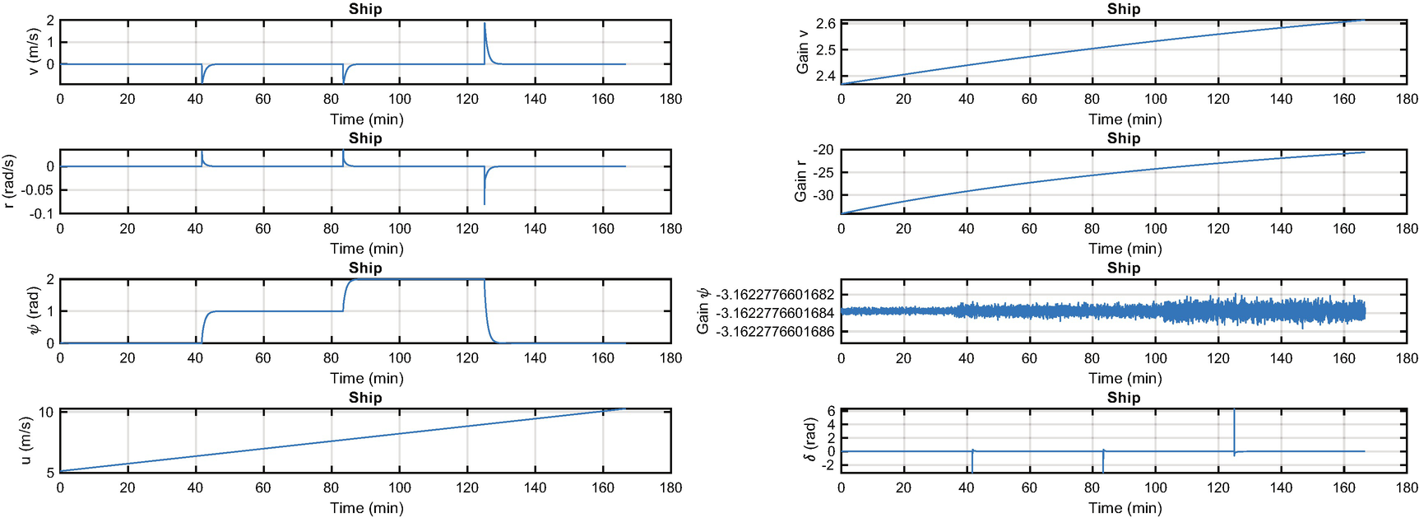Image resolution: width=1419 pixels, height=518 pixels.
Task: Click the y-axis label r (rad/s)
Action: [10, 181]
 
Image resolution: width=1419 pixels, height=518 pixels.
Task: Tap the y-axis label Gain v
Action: [803, 52]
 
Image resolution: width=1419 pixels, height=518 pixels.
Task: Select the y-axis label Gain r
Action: [800, 182]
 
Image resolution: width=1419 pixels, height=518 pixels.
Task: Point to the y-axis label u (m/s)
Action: [26, 441]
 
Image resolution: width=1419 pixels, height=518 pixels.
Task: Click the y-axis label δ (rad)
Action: [811, 440]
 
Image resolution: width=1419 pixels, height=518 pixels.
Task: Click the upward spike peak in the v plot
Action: [485, 24]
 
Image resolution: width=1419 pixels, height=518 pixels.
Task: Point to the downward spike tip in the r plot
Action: [485, 203]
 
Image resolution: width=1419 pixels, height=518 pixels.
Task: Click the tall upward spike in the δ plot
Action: [1234, 412]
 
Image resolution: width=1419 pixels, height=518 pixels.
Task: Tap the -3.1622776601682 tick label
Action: [775, 295]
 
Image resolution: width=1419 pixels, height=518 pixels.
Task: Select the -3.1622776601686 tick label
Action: [775, 332]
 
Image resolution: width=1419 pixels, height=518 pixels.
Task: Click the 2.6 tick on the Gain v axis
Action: [826, 24]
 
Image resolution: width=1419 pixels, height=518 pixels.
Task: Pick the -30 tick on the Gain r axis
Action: [823, 195]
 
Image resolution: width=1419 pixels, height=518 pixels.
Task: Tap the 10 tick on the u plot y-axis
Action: [46, 413]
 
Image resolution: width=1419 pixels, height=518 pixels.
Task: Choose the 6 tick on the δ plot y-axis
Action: [831, 411]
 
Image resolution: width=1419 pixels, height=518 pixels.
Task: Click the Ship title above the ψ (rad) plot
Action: [365, 268]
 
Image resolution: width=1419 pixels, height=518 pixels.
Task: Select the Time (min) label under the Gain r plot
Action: [1125, 249]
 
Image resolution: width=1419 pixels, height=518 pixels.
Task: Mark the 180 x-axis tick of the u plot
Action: [670, 488]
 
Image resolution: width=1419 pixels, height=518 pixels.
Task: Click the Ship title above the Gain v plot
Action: [1124, 9]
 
